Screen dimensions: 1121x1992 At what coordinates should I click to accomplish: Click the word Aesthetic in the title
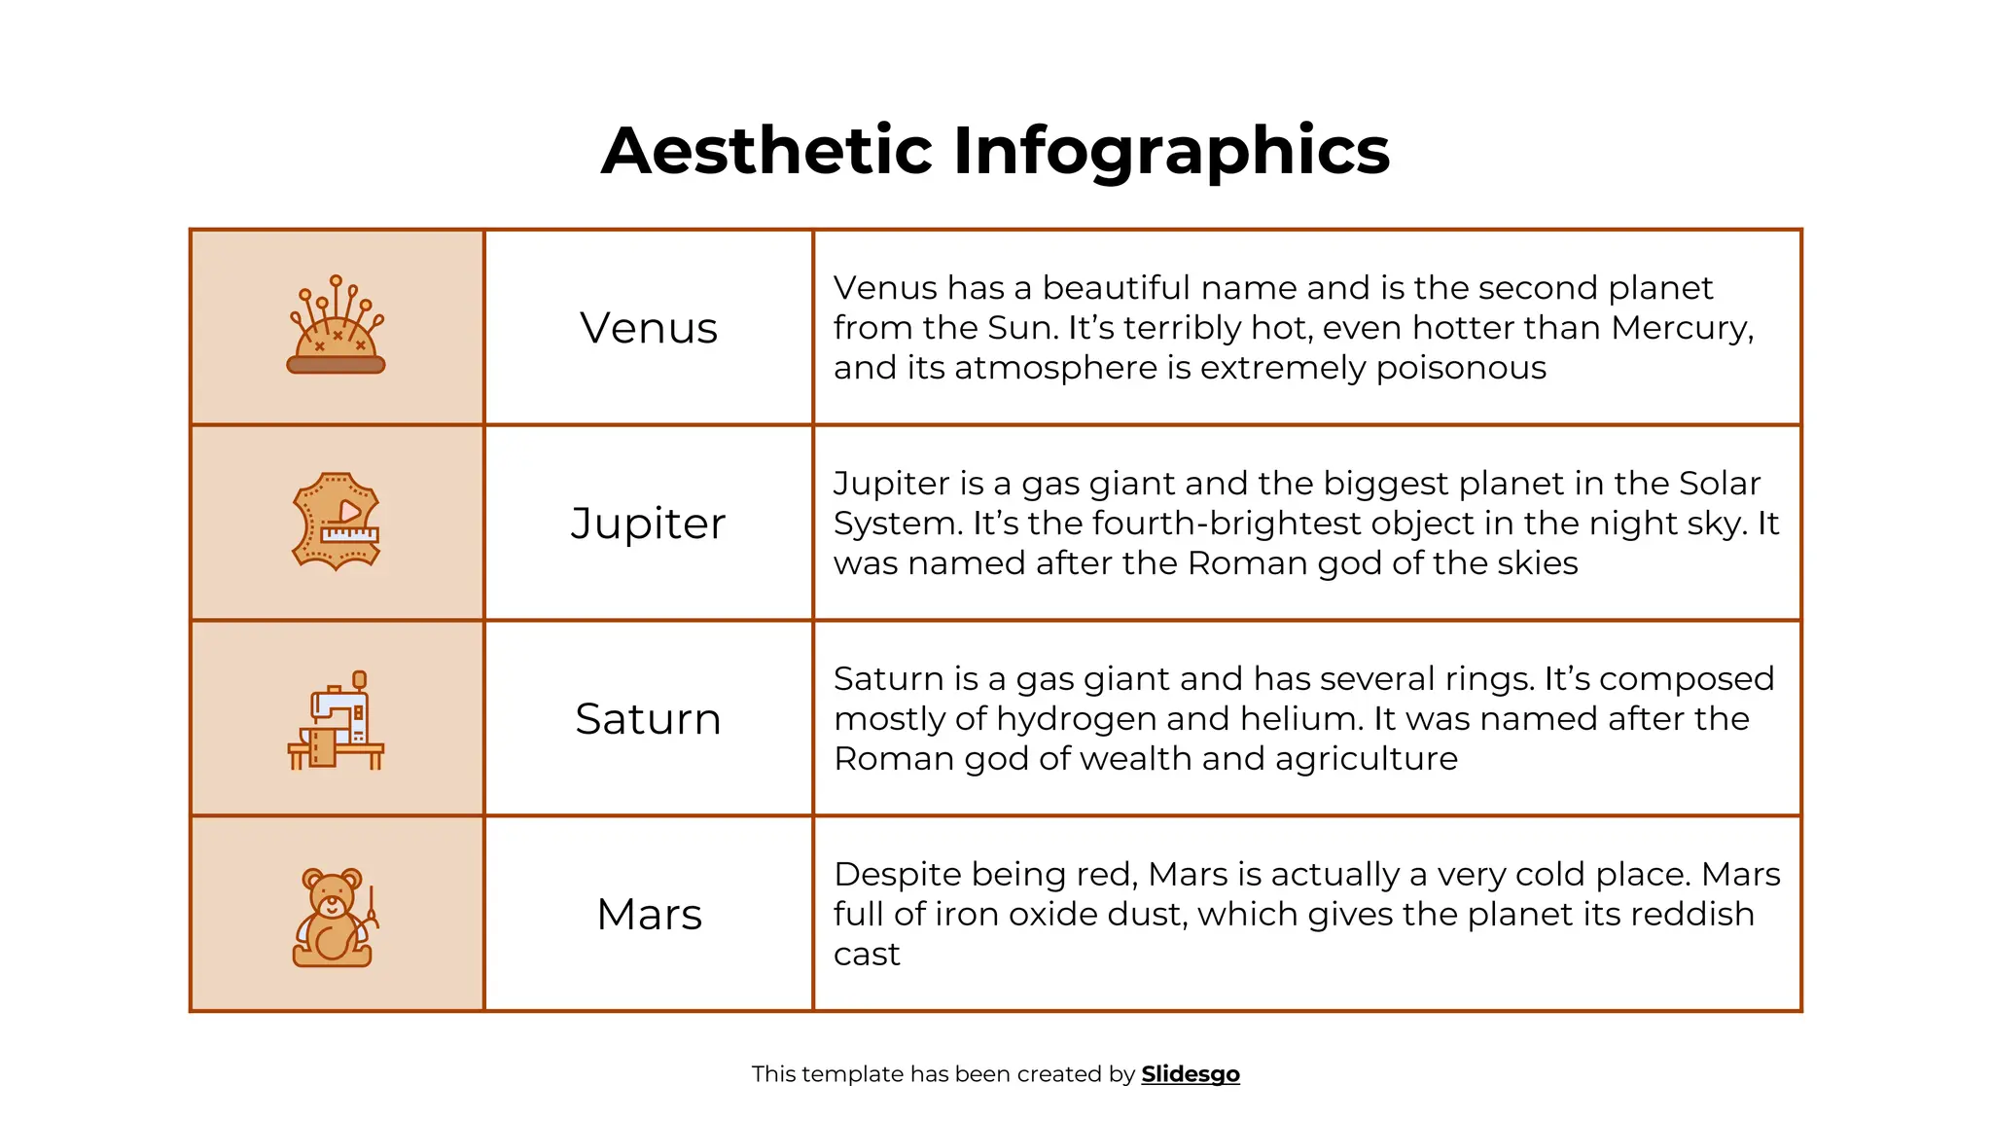click(x=767, y=151)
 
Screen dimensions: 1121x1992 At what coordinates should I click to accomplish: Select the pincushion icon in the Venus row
click(x=337, y=325)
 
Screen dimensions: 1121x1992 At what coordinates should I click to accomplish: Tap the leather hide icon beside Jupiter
click(x=337, y=522)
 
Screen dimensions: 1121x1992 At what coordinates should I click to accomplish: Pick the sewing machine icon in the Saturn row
click(x=337, y=720)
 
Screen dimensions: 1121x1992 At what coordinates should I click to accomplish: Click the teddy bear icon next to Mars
click(x=334, y=917)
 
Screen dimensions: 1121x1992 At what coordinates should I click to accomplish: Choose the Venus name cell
click(x=649, y=328)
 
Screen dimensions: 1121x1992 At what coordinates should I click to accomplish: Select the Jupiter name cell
click(x=649, y=524)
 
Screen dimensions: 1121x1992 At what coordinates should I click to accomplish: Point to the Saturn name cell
click(x=649, y=719)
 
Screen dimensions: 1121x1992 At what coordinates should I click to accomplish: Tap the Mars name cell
click(x=649, y=915)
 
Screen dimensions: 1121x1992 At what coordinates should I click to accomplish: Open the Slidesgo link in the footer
click(x=1191, y=1074)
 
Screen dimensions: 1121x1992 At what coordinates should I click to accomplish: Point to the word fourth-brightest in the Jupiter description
click(x=1219, y=524)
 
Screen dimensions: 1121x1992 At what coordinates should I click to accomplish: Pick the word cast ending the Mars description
click(x=867, y=955)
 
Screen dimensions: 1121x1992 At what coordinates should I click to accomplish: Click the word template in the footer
click(x=851, y=1074)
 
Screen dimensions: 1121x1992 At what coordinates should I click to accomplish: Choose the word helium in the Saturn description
click(x=1297, y=719)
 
